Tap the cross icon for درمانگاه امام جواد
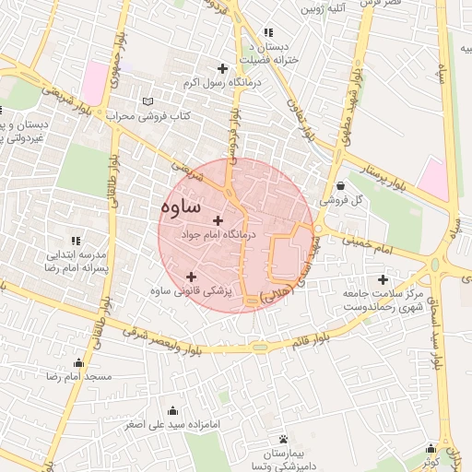218,220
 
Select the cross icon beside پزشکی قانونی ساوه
191,277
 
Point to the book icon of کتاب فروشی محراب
148,101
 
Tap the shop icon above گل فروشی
340,185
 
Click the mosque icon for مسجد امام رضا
78,362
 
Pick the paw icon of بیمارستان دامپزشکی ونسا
283,439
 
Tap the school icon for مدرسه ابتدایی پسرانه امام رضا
76,240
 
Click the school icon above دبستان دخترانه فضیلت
268,33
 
